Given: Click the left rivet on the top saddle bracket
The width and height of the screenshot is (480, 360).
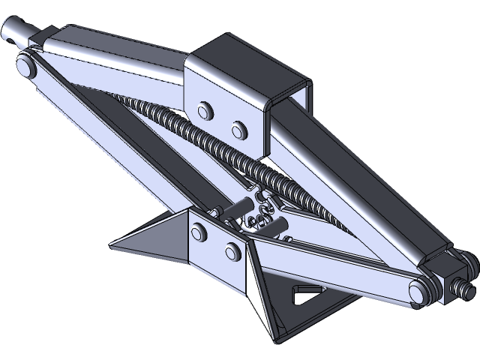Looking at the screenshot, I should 202,112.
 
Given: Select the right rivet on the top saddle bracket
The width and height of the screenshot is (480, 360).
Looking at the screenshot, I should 238,130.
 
